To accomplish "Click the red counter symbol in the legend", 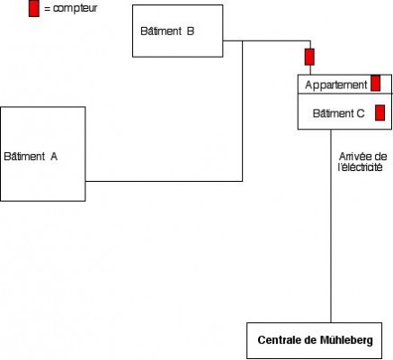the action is coord(34,8).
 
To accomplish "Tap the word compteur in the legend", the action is coord(76,8).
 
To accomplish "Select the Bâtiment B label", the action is coord(167,31).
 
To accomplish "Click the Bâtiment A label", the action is coord(31,157).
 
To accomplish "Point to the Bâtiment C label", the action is coord(338,113).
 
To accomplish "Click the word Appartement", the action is coord(336,85).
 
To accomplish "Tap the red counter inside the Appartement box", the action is coord(376,83).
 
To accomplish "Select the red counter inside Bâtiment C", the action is coord(380,112).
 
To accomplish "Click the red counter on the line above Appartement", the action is coord(309,57).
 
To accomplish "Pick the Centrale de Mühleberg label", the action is coord(315,340).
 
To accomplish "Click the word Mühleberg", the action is coord(346,340).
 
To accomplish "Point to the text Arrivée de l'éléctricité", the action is coord(362,162).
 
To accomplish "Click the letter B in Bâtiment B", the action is coord(191,31).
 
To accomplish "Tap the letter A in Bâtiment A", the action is coord(54,157).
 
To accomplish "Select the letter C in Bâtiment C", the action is coord(361,113).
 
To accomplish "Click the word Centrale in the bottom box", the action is coord(279,340).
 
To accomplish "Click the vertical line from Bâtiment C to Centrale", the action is coord(331,226).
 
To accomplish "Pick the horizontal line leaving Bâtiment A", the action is coord(164,181).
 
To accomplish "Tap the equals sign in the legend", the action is coord(48,9).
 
